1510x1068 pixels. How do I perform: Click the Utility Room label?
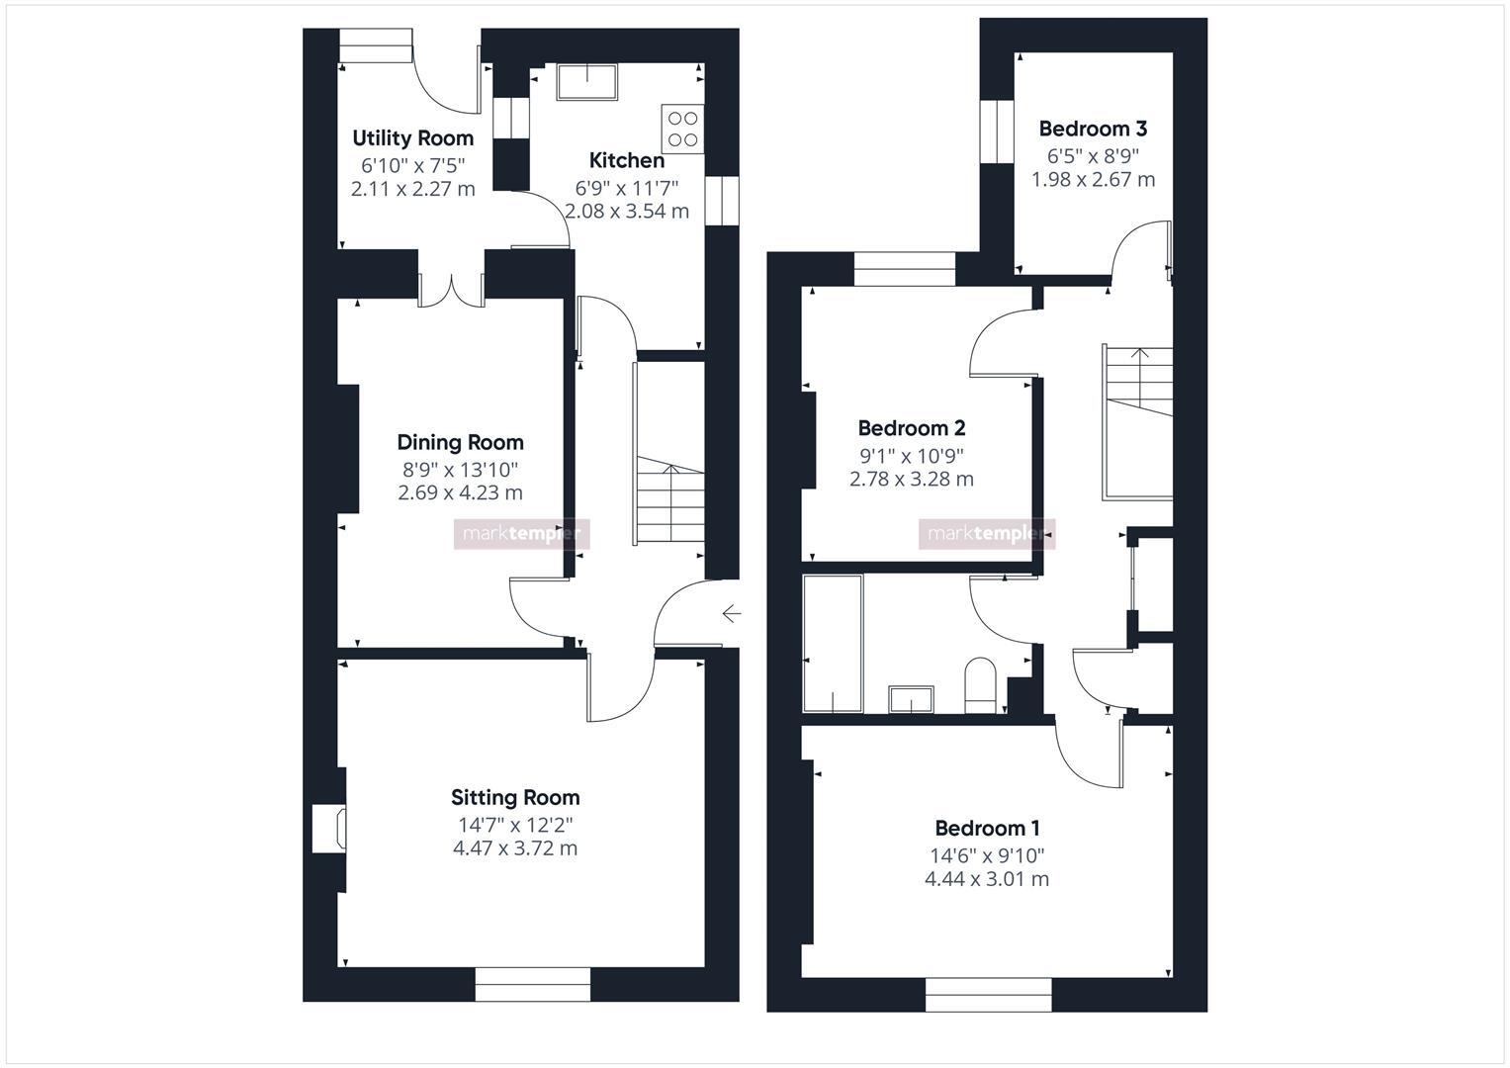(412, 138)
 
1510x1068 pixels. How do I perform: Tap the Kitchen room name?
(626, 160)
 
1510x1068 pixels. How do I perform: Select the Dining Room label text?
(460, 443)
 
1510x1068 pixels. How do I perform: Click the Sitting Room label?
(515, 798)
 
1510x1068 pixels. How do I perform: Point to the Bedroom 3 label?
(1093, 129)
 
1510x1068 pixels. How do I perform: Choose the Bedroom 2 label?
(911, 428)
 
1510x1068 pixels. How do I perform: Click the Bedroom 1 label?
(987, 829)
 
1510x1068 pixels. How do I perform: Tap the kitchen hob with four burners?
(682, 129)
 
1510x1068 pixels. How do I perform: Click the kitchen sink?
(586, 82)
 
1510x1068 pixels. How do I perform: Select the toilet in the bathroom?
(980, 684)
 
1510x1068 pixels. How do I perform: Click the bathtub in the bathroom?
(832, 643)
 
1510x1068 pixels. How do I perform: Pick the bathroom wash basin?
(911, 698)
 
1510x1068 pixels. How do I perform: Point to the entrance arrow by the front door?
(731, 614)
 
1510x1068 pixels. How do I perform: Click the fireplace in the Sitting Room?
(329, 829)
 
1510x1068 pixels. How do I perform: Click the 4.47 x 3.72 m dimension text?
(515, 848)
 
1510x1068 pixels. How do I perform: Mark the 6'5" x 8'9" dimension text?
(1093, 155)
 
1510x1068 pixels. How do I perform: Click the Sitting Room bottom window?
(532, 984)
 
